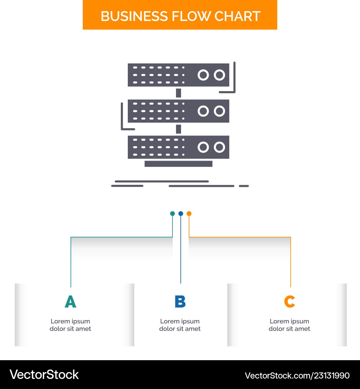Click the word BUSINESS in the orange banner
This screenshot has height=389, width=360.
[x=134, y=16]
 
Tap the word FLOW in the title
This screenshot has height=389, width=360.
[x=190, y=16]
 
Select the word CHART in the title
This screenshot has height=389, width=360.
[x=237, y=16]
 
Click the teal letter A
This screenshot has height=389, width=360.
[x=71, y=302]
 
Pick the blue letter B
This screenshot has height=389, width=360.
[x=180, y=302]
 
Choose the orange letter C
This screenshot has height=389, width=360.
[x=289, y=302]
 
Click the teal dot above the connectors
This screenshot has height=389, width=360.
[x=172, y=214]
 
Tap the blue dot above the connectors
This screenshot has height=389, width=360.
[x=181, y=214]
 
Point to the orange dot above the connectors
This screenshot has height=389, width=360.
[x=189, y=214]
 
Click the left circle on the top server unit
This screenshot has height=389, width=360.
[x=203, y=75]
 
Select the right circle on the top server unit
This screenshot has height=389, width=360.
[x=220, y=75]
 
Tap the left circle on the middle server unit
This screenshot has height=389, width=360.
[x=203, y=111]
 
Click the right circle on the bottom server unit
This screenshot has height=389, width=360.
[x=220, y=147]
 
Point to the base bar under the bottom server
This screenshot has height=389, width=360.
[x=179, y=164]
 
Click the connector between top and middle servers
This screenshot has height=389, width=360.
[x=179, y=93]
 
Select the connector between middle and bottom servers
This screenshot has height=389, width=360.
[x=179, y=129]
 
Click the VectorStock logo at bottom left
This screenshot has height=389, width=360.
[x=44, y=375]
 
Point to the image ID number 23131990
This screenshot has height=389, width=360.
[x=332, y=376]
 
